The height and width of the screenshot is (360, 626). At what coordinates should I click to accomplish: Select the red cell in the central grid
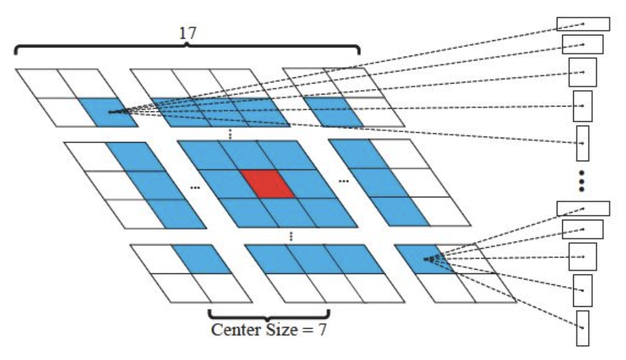267,184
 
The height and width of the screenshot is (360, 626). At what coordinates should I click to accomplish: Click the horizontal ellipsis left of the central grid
195,188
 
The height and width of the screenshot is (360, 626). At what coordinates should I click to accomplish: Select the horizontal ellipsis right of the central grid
343,181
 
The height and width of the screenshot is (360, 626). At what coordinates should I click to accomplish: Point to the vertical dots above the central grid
229,134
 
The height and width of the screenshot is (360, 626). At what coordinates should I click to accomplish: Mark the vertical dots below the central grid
292,237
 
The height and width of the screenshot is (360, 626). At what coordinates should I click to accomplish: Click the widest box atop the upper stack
583,24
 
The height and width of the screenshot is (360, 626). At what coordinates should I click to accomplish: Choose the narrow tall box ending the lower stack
583,327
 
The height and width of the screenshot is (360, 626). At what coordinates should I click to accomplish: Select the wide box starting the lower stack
583,208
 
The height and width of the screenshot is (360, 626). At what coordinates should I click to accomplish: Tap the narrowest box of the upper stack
582,143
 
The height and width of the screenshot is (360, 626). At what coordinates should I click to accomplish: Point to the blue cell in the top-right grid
333,111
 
